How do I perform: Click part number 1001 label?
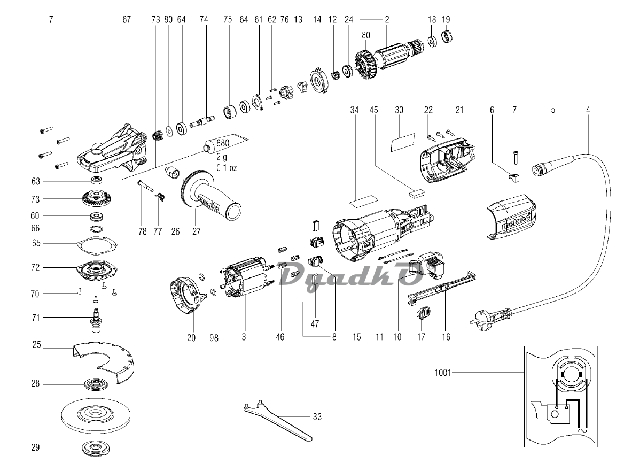[442, 373]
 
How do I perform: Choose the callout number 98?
[214, 338]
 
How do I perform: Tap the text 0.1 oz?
[227, 168]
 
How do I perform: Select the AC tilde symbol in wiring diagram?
[580, 430]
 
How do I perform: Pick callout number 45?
[373, 110]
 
